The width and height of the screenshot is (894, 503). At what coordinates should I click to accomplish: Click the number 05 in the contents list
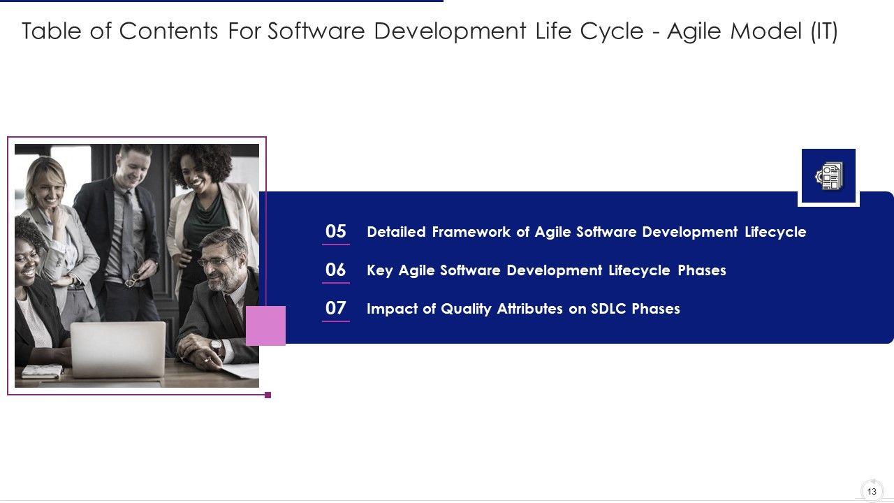336,231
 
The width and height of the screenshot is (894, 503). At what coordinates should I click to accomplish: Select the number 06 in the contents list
336,270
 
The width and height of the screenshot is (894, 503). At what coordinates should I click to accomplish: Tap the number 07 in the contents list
336,308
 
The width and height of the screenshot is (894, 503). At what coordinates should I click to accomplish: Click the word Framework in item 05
471,232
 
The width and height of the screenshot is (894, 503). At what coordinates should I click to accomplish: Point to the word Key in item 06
379,270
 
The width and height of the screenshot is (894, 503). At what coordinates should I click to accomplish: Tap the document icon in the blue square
829,175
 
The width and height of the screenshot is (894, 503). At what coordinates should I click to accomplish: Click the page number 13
872,491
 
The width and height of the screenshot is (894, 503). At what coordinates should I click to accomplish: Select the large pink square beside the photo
265,326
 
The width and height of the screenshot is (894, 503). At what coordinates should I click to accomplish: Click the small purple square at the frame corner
268,395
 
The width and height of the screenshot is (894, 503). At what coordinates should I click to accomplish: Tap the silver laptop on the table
118,350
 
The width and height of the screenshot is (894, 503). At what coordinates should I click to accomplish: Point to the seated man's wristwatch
216,346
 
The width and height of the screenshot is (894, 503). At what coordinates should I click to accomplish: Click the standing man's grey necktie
128,235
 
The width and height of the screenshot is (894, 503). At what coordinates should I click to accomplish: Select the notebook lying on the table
42,372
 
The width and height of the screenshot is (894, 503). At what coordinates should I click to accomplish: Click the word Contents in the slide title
168,31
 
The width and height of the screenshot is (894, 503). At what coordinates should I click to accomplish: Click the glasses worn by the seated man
216,261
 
